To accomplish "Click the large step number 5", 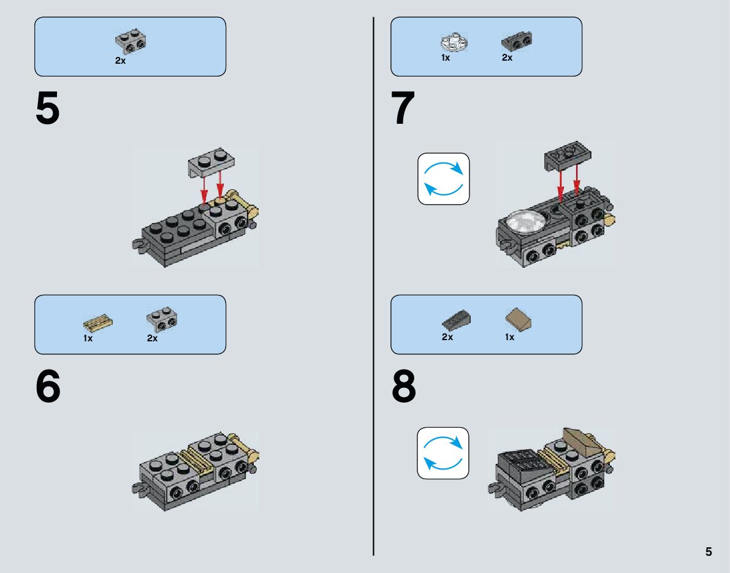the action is (47, 108).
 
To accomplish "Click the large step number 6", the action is (48, 386).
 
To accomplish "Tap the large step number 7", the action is (403, 108).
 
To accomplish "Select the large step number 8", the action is (404, 386).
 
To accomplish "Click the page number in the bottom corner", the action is (709, 552).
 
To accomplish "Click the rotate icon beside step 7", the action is (444, 179).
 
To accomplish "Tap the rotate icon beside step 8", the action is (443, 453).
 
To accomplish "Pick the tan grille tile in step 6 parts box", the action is (98, 322).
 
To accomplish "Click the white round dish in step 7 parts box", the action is (454, 42).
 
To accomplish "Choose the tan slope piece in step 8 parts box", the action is (518, 320).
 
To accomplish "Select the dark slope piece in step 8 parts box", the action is (456, 320).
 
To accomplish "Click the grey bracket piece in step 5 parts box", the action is (131, 41).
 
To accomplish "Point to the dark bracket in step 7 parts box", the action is (517, 41).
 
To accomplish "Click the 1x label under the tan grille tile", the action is (88, 338).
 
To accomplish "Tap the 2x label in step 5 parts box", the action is (120, 61).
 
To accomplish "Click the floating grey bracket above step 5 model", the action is (211, 162).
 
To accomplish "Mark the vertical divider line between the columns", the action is (373, 286).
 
